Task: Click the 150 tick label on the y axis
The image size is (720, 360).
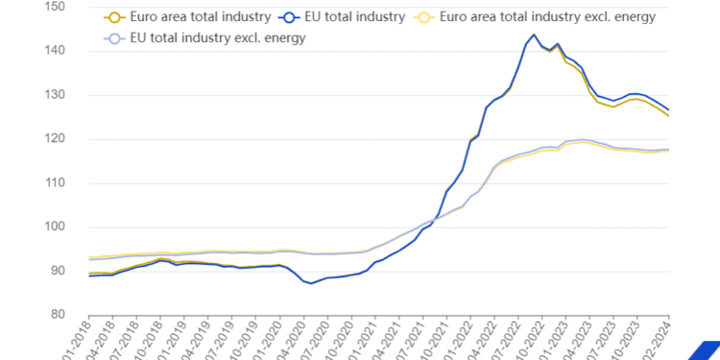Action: pos(53,7)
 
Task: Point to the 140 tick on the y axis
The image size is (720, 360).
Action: pos(53,51)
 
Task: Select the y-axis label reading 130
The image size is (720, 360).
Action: pos(53,95)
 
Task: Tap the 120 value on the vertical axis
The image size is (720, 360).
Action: pos(53,139)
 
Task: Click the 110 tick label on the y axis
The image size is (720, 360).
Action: pos(53,183)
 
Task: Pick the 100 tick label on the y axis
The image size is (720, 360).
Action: pos(53,228)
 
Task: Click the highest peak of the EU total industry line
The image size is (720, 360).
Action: pos(534,35)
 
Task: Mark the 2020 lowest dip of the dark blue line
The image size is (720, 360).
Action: pos(311,283)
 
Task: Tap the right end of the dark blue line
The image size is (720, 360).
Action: pos(668,109)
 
